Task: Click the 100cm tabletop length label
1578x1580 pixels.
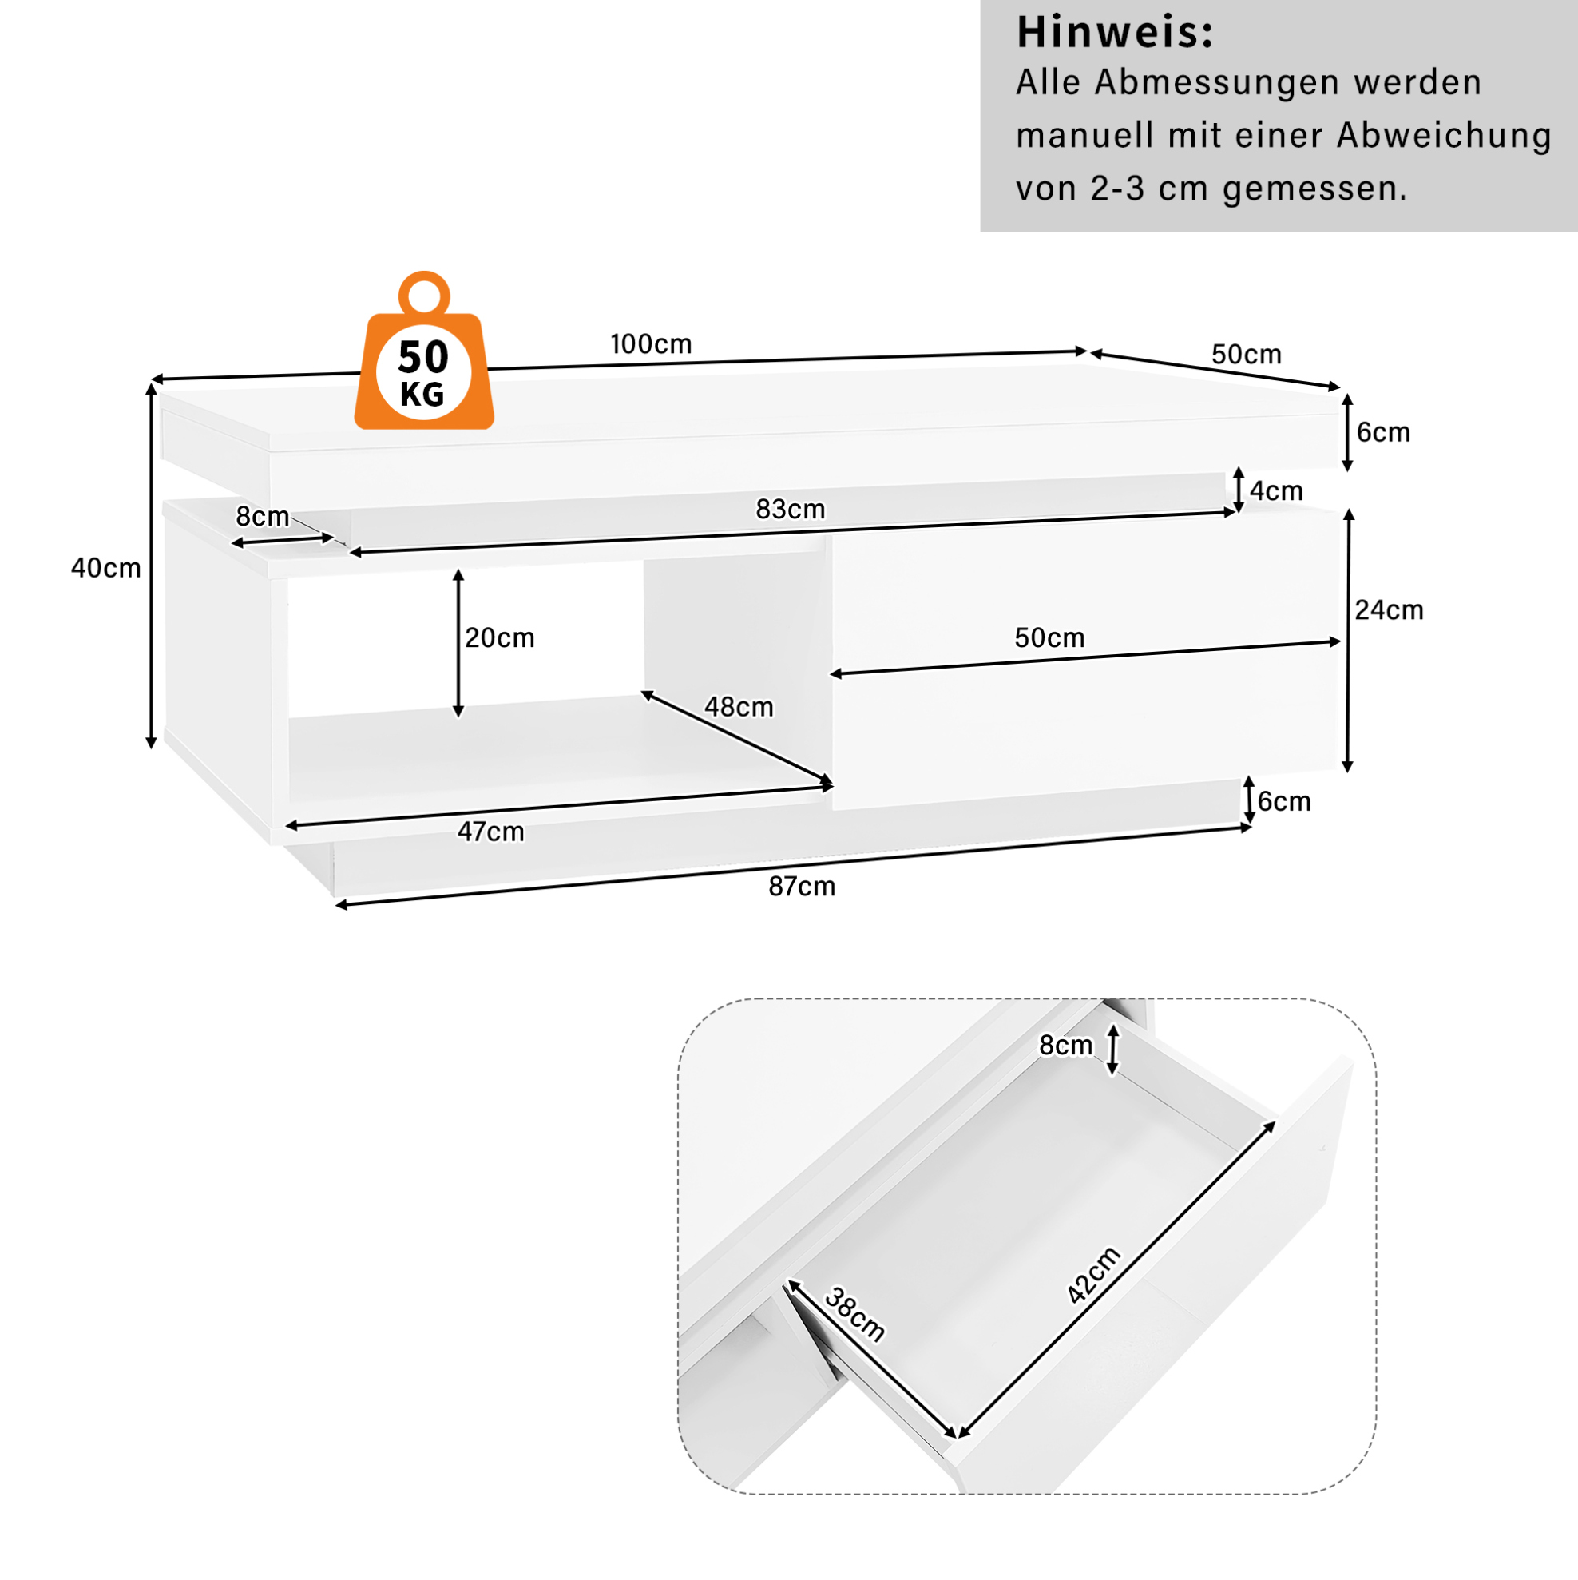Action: pyautogui.click(x=651, y=344)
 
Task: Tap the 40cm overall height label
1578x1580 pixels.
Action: pyautogui.click(x=106, y=568)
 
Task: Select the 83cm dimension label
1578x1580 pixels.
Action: pyautogui.click(x=790, y=510)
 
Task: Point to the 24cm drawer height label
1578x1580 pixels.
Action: pyautogui.click(x=1389, y=610)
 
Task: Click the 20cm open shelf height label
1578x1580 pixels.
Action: pyautogui.click(x=500, y=638)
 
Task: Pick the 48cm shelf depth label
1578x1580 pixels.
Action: pyautogui.click(x=739, y=707)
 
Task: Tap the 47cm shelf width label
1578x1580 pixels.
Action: pyautogui.click(x=490, y=832)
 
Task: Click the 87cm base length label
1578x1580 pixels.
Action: pyautogui.click(x=801, y=887)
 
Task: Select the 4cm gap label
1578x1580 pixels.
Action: pyautogui.click(x=1276, y=490)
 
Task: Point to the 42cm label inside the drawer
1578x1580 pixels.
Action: pyautogui.click(x=1094, y=1275)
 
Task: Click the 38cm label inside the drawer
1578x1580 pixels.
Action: pyautogui.click(x=854, y=1314)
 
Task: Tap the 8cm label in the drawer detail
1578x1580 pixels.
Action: pyautogui.click(x=1065, y=1045)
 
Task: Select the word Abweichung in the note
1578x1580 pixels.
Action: pyautogui.click(x=1444, y=136)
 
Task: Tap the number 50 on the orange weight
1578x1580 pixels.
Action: pyautogui.click(x=423, y=357)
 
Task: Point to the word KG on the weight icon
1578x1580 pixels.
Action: pyautogui.click(x=422, y=395)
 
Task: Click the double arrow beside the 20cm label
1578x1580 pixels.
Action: pyautogui.click(x=458, y=644)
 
